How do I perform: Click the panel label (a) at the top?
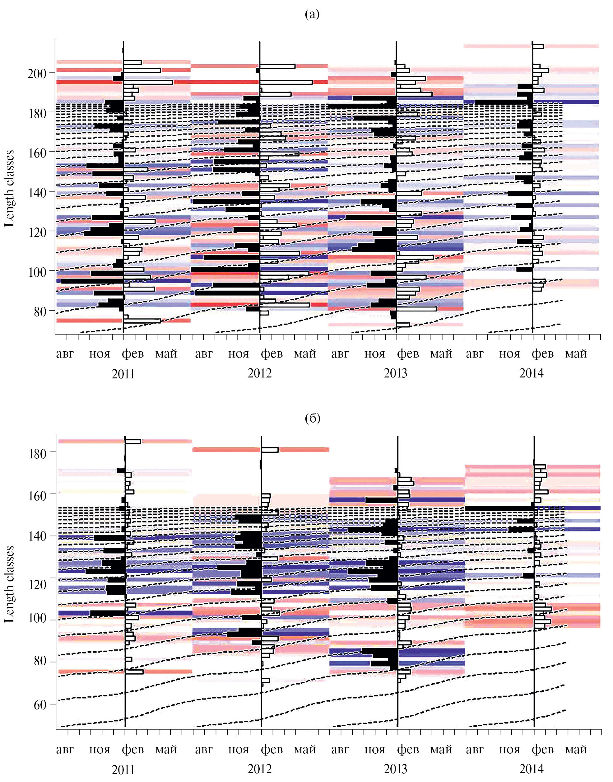click(312, 14)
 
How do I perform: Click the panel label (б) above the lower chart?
click(312, 418)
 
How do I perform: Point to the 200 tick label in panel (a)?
click(37, 74)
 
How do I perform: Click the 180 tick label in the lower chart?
click(37, 453)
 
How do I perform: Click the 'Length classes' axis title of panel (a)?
click(9, 189)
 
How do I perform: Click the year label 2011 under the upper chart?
click(123, 374)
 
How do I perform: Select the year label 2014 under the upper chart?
click(532, 373)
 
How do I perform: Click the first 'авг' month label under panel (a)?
click(65, 354)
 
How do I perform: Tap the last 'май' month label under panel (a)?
click(576, 354)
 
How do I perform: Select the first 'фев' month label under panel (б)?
click(133, 750)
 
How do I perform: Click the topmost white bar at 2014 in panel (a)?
click(538, 46)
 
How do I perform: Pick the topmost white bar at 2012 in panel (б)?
click(270, 450)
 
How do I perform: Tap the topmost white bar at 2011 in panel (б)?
click(132, 441)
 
